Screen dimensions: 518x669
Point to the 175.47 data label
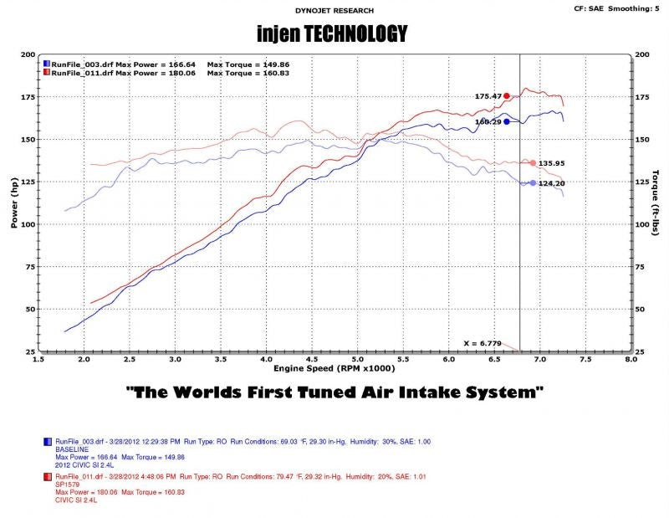[488, 96]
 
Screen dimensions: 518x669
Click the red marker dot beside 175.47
[507, 96]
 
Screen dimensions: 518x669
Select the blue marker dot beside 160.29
[507, 121]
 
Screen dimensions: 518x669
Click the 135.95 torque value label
[554, 163]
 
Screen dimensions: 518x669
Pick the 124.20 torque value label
[554, 183]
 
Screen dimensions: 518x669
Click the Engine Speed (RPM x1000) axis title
[334, 367]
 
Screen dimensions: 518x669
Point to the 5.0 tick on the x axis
[357, 359]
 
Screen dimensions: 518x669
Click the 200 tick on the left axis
[28, 54]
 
